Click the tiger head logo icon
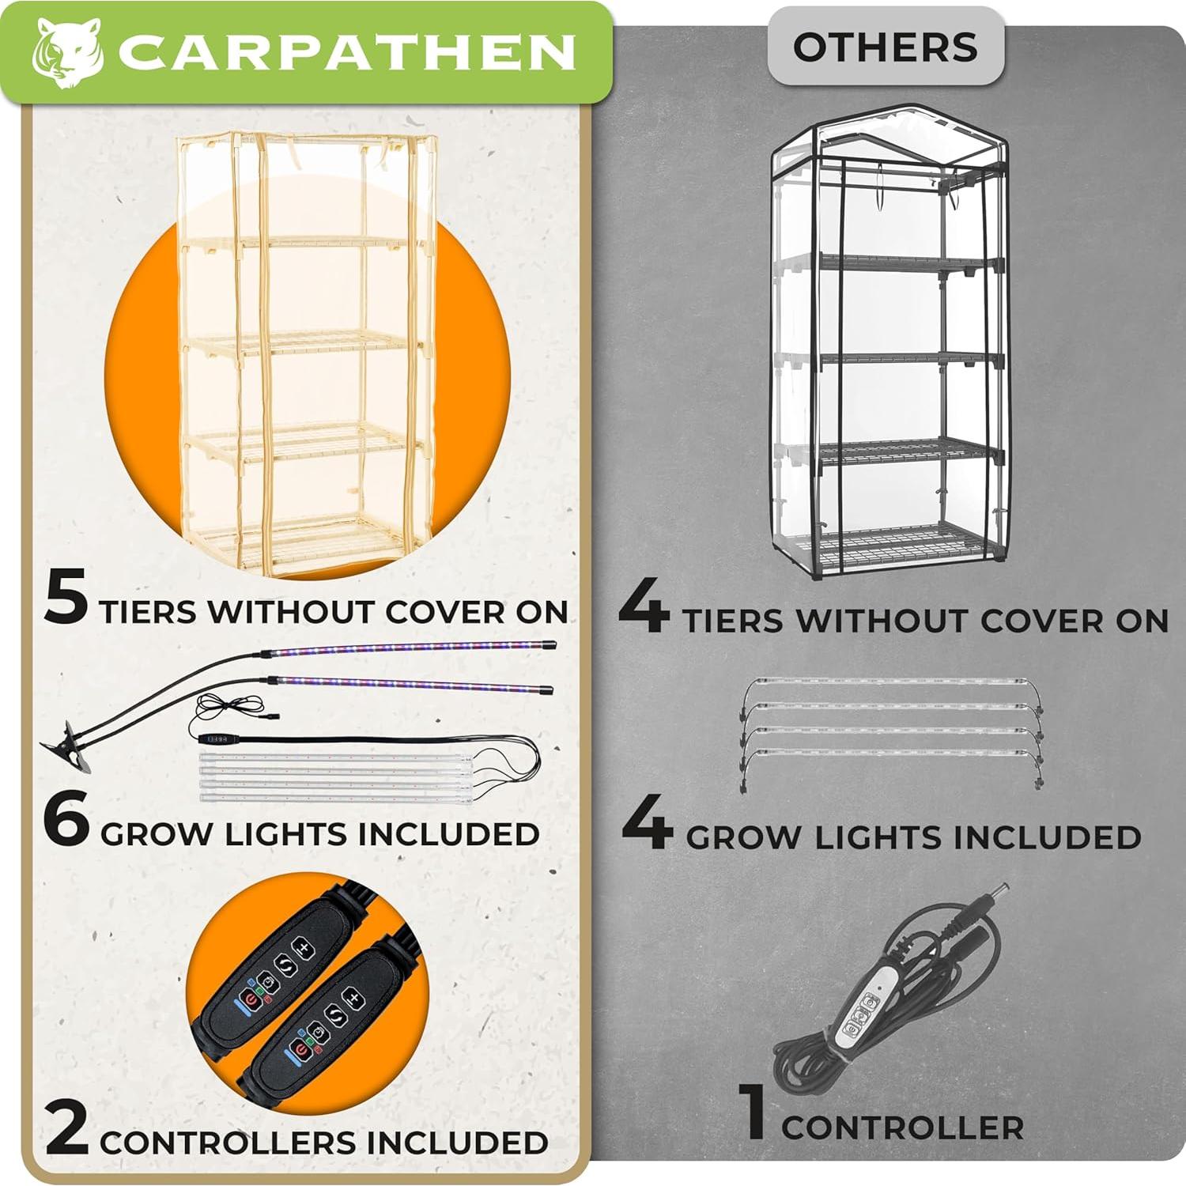click(66, 53)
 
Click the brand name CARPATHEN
click(346, 53)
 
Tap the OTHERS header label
click(885, 47)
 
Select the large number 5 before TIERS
click(66, 599)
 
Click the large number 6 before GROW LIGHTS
click(66, 821)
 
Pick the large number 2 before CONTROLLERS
click(67, 1130)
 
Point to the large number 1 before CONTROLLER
click(755, 1112)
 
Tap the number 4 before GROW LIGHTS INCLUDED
click(647, 825)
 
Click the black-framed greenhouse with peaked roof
click(889, 340)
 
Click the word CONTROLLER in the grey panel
click(902, 1127)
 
